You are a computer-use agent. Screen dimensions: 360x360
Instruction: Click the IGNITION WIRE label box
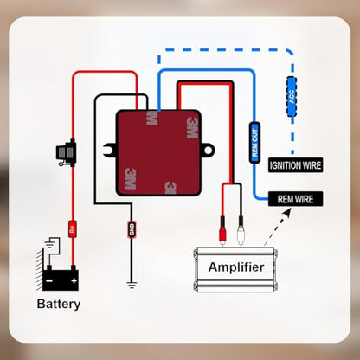pyautogui.click(x=295, y=165)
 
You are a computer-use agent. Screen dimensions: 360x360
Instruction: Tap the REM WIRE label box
pyautogui.click(x=295, y=199)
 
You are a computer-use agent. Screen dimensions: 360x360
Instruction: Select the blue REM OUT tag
pyautogui.click(x=254, y=143)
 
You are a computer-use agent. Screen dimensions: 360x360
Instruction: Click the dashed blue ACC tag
pyautogui.click(x=292, y=97)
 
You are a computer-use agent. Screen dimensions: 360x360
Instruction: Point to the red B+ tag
pyautogui.click(x=73, y=229)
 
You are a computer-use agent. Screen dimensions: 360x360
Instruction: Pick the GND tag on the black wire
pyautogui.click(x=132, y=229)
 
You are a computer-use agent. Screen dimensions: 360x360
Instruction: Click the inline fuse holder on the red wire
pyautogui.click(x=67, y=153)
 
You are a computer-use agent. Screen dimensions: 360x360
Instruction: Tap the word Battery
pyautogui.click(x=59, y=305)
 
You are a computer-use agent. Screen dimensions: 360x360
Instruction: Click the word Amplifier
pyautogui.click(x=236, y=267)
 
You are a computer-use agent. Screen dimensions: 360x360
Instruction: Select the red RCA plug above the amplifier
pyautogui.click(x=222, y=230)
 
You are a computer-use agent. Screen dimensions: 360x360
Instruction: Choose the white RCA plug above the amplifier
pyautogui.click(x=241, y=230)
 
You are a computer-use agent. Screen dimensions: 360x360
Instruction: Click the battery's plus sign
pyautogui.click(x=74, y=280)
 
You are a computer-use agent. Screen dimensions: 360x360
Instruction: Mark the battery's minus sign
pyautogui.click(x=49, y=280)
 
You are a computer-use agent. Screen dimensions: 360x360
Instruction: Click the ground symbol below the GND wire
pyautogui.click(x=132, y=285)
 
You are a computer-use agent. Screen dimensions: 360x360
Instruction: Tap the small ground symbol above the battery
pyautogui.click(x=50, y=242)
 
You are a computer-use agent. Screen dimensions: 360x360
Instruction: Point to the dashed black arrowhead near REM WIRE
pyautogui.click(x=287, y=213)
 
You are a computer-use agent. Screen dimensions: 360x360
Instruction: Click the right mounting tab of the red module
pyautogui.click(x=208, y=150)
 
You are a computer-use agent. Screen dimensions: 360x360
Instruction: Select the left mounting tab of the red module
pyautogui.click(x=110, y=151)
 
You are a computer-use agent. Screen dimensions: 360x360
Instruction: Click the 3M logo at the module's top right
pyautogui.click(x=192, y=128)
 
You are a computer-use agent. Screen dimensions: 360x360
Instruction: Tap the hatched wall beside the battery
pyautogui.click(x=40, y=270)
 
